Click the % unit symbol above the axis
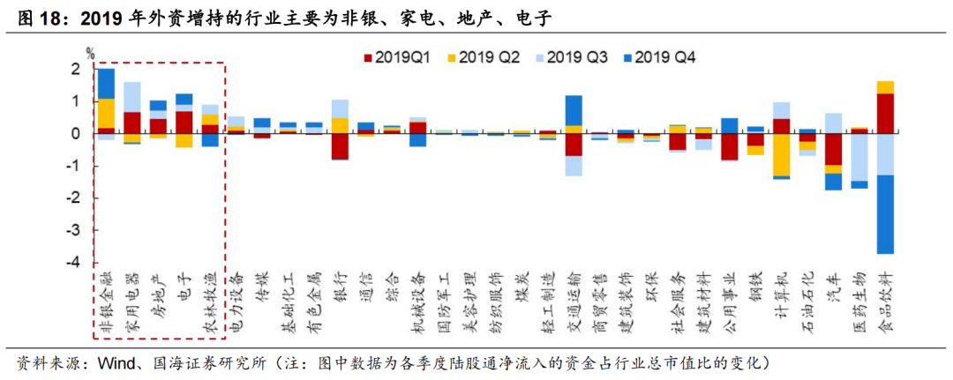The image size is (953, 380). pyautogui.click(x=89, y=52)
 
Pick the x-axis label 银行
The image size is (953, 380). pyautogui.click(x=338, y=286)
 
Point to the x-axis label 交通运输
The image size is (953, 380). pyautogui.click(x=573, y=300)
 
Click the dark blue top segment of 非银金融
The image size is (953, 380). pyautogui.click(x=106, y=83)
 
